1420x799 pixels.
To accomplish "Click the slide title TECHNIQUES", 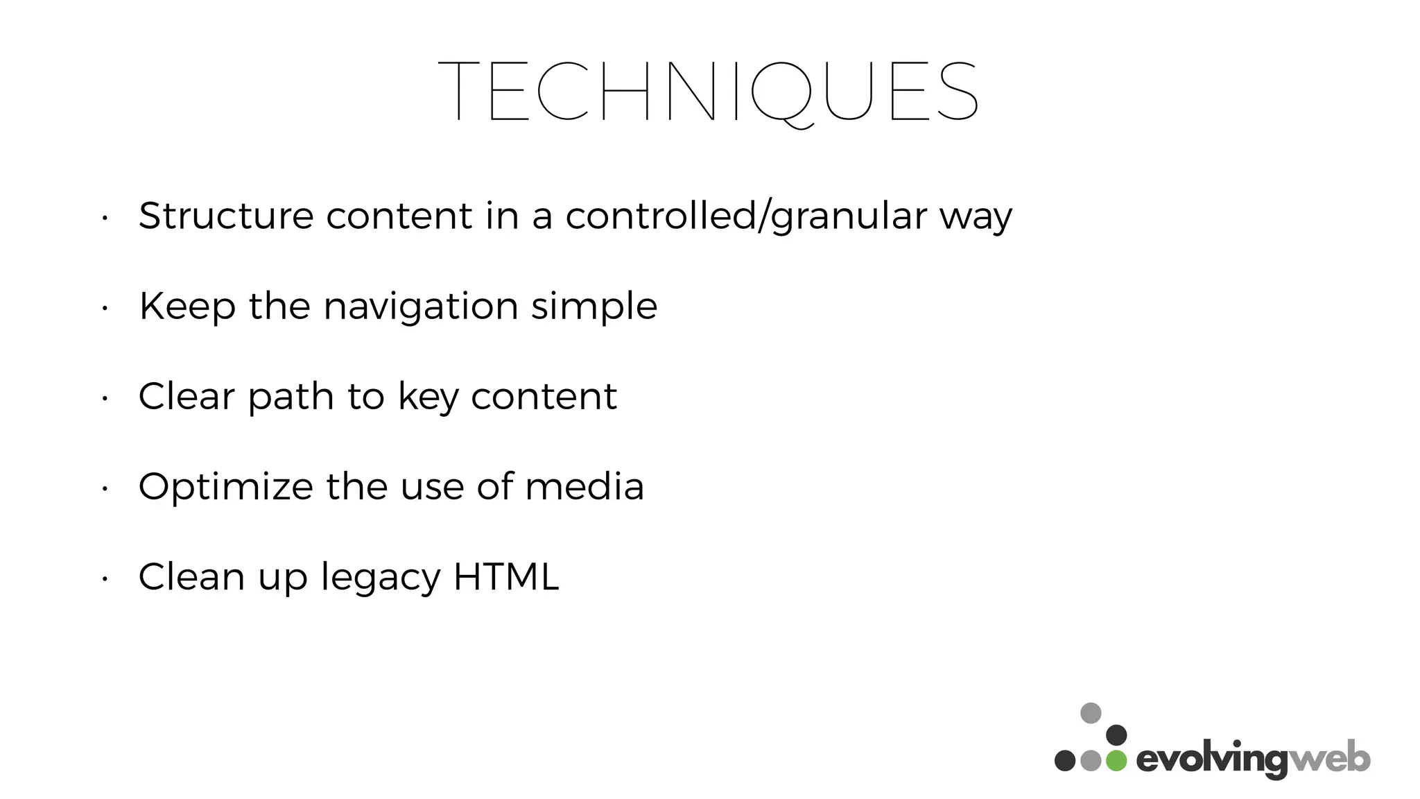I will (x=708, y=92).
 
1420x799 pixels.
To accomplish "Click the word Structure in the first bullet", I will (x=226, y=216).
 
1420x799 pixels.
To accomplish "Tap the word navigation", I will (x=421, y=306).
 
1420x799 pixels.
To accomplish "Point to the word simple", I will (x=594, y=306).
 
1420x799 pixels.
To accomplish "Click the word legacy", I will (x=380, y=578).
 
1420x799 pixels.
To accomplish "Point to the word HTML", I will (x=505, y=576).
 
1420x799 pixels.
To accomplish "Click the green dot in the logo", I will (x=1116, y=761).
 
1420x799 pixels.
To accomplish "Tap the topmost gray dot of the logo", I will (x=1091, y=712).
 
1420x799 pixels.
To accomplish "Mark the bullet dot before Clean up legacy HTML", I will (x=103, y=578).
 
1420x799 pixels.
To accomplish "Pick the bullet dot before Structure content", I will (x=103, y=218).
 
